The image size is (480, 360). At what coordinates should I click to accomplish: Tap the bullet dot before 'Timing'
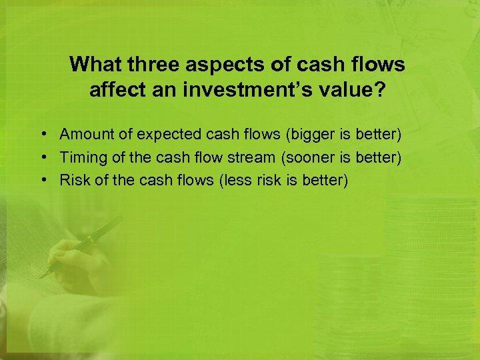[x=42, y=158]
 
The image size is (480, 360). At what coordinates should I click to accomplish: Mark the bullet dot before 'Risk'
[x=42, y=181]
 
